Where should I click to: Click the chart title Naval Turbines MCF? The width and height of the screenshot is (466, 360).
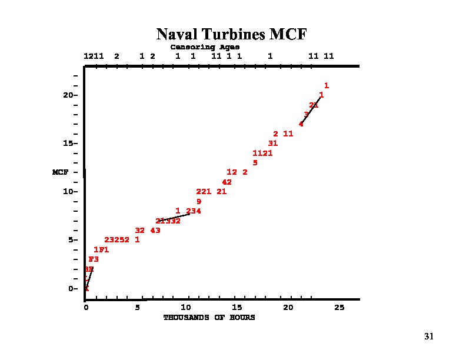(231, 34)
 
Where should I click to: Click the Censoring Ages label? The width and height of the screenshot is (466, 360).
(205, 47)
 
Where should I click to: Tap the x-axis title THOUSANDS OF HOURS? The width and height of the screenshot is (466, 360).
(209, 318)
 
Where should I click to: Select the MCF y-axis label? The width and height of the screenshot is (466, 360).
(61, 172)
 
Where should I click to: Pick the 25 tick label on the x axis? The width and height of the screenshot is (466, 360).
(339, 308)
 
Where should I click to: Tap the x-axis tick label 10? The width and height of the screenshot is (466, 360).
(187, 308)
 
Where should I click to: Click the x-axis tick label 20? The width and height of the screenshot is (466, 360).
(288, 308)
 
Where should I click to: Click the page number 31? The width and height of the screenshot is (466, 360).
(428, 336)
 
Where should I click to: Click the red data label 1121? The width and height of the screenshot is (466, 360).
(262, 154)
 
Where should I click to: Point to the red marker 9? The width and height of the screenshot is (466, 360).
(199, 202)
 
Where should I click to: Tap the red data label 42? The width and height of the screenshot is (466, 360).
(227, 182)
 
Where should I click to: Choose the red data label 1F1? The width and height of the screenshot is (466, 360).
(101, 250)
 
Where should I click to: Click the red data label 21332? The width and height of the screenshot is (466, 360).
(168, 221)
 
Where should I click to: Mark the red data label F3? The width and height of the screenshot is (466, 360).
(94, 259)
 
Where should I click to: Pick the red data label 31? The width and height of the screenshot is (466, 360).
(272, 144)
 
